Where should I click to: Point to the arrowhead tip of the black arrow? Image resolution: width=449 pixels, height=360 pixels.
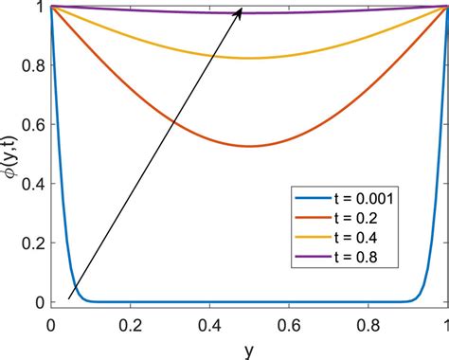click(242, 8)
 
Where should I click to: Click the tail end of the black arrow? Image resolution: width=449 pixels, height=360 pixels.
click(68, 298)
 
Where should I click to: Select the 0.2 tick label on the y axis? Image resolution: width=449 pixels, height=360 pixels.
click(31, 243)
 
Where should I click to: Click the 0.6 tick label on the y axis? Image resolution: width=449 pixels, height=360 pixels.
click(31, 124)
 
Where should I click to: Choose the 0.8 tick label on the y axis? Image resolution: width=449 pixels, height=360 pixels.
click(31, 65)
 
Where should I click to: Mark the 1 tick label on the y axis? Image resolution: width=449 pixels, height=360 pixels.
click(39, 7)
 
